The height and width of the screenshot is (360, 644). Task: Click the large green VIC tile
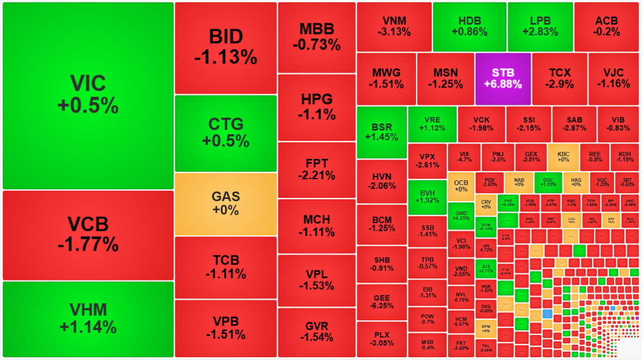coord(88,95)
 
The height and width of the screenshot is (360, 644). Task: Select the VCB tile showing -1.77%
coord(88,235)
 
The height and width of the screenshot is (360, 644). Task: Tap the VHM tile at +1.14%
coord(88,319)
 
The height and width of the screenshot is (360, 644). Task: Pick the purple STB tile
coord(503,78)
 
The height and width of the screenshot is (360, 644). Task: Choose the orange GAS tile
coord(225,203)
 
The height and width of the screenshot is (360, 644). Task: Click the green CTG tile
coord(225,133)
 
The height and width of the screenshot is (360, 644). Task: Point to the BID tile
coord(225,47)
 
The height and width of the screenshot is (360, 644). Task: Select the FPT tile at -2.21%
coord(317,169)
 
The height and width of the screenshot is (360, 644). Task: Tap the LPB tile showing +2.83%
coord(540,26)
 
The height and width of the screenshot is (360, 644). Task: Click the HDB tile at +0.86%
coord(469,26)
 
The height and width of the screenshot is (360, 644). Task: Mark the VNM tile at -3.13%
coord(394,26)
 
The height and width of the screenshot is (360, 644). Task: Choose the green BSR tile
coord(382,132)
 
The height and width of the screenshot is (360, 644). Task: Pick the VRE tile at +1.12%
coord(432,124)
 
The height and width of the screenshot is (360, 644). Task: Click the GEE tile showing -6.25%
coord(382,302)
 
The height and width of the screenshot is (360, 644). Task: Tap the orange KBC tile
coord(563,157)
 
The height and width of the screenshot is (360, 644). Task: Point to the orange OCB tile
coord(461,186)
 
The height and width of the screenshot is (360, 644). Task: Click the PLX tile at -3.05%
coord(382,339)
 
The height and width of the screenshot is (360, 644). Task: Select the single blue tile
coord(547,314)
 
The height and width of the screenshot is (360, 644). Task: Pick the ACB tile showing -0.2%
coord(606,26)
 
